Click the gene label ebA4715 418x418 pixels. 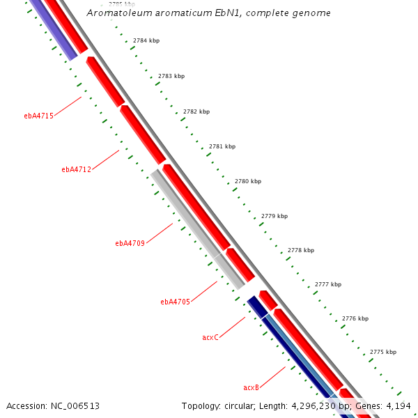(x=38, y=116)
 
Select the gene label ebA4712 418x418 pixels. (x=76, y=169)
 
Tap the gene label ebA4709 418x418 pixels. (x=130, y=243)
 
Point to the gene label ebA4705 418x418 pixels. (x=175, y=302)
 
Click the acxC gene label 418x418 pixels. (x=210, y=337)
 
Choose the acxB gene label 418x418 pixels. (x=251, y=387)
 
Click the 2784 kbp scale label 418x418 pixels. (x=146, y=40)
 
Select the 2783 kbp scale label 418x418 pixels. (x=171, y=76)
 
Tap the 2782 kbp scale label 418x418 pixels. (x=196, y=111)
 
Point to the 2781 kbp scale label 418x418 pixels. (x=222, y=146)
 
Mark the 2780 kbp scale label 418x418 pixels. (x=248, y=181)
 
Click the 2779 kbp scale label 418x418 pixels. (x=274, y=216)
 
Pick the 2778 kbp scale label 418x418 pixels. (x=300, y=250)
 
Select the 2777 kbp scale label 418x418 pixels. (x=328, y=284)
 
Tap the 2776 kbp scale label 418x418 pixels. (x=355, y=318)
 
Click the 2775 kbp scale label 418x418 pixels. (x=382, y=352)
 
